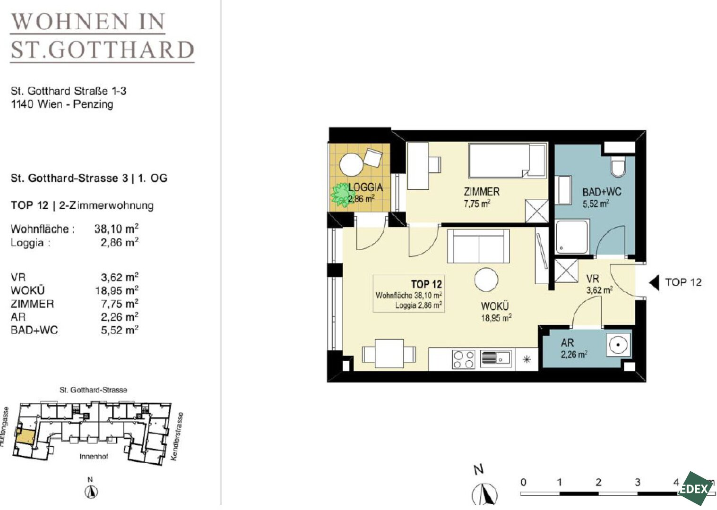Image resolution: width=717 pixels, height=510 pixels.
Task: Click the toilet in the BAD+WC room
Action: pos(618,166)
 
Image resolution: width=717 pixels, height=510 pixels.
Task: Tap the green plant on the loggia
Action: pos(341,195)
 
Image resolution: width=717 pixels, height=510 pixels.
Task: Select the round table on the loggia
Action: pos(351,165)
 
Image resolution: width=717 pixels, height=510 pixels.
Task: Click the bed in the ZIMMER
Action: pos(508,160)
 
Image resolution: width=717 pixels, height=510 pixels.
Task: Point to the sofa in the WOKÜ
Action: pos(478,246)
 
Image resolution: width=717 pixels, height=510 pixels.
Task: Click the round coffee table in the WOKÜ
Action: pos(486,280)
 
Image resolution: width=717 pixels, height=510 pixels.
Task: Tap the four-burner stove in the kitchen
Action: pos(463,359)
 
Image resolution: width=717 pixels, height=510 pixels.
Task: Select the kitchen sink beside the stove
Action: pos(495,359)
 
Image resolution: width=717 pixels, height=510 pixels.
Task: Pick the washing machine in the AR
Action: pos(618,345)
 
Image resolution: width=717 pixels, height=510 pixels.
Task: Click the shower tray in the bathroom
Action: pos(572,236)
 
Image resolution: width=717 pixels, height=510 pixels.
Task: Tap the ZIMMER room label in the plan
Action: pos(482,192)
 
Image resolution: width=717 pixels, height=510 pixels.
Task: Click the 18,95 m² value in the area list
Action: pos(117,290)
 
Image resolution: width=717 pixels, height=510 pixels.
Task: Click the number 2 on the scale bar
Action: pos(598,482)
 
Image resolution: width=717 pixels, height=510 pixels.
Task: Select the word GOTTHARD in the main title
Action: pos(122,50)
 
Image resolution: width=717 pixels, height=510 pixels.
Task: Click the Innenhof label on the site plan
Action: pos(94,457)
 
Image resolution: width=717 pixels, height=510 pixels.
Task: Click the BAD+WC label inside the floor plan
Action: pos(602,192)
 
